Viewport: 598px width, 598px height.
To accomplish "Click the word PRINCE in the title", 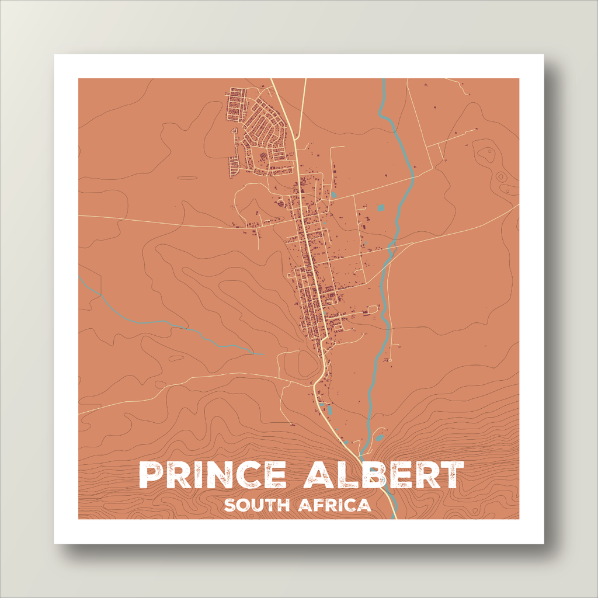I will [x=213, y=475].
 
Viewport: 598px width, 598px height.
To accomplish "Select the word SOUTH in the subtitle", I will [x=256, y=505].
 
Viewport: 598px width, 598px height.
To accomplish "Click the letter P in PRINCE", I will [x=151, y=475].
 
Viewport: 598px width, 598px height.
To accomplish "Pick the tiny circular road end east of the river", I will [x=400, y=345].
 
